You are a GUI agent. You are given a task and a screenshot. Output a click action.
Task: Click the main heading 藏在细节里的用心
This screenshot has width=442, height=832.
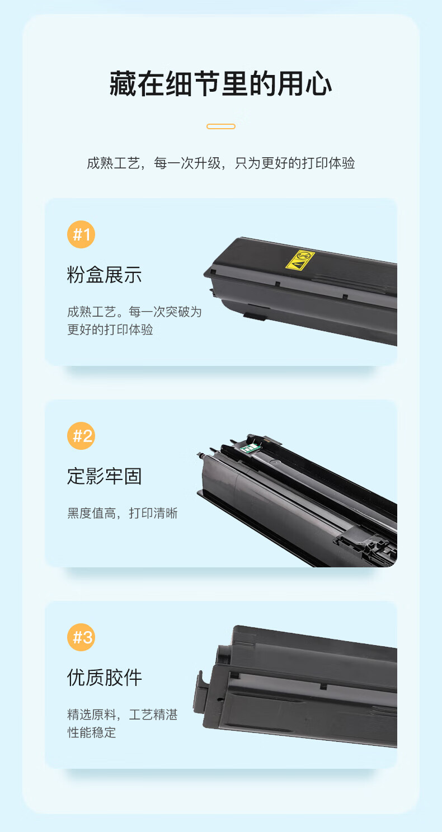(220, 83)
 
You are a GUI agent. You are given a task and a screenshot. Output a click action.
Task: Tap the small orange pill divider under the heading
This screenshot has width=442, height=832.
(221, 126)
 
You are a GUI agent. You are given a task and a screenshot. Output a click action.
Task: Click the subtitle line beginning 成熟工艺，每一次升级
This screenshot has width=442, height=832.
(220, 163)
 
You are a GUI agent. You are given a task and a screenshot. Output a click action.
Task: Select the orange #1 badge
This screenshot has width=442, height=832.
(81, 234)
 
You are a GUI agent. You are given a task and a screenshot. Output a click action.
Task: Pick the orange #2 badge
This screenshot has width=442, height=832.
(81, 436)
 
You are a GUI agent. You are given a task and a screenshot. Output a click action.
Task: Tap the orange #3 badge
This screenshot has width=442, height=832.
(81, 637)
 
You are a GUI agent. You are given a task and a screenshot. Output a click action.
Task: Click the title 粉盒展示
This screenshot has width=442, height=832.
(105, 275)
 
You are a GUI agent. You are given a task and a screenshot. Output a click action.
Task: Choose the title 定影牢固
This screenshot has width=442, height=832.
(105, 476)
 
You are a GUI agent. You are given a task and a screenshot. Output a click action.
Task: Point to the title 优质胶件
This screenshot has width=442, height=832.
(105, 678)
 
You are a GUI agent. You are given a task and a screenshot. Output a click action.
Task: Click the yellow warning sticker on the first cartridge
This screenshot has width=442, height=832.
(300, 260)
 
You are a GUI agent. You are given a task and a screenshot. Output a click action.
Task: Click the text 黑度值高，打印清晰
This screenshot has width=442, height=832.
(122, 513)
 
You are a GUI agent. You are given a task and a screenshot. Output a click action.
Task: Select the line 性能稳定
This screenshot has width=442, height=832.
(91, 732)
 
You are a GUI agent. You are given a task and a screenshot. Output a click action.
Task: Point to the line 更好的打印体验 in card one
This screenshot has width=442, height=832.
(110, 330)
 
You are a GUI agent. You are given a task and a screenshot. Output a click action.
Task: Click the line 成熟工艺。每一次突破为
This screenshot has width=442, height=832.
(134, 312)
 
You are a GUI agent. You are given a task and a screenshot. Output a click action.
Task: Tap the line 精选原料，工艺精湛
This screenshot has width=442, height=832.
(122, 715)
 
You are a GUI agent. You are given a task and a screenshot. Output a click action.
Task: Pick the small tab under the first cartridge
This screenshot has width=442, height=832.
(255, 317)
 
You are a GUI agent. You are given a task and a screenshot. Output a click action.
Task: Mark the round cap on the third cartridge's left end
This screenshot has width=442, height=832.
(223, 656)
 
